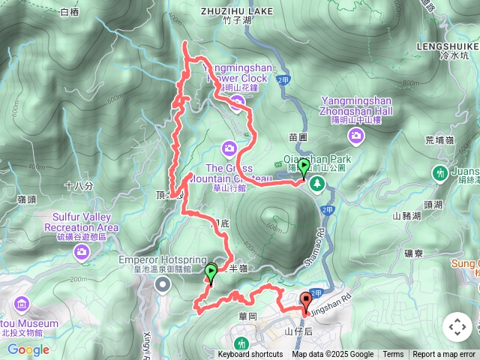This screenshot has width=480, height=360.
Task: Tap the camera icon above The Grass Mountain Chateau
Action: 229,148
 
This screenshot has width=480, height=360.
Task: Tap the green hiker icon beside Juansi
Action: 439,174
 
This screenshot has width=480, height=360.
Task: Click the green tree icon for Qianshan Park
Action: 317,184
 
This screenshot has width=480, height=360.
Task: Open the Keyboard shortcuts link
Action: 250,355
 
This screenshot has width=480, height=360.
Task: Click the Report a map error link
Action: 444,355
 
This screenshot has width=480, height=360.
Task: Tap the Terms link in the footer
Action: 393,355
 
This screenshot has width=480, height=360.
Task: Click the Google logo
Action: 28,349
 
